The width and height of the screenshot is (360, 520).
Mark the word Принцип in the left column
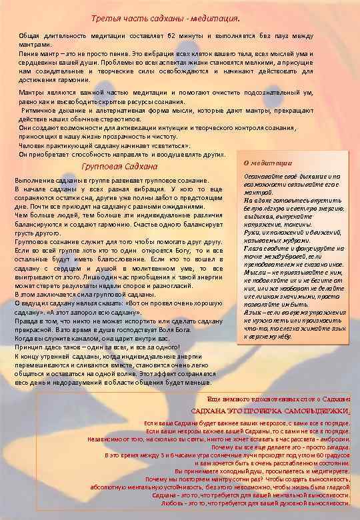point(30,347)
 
